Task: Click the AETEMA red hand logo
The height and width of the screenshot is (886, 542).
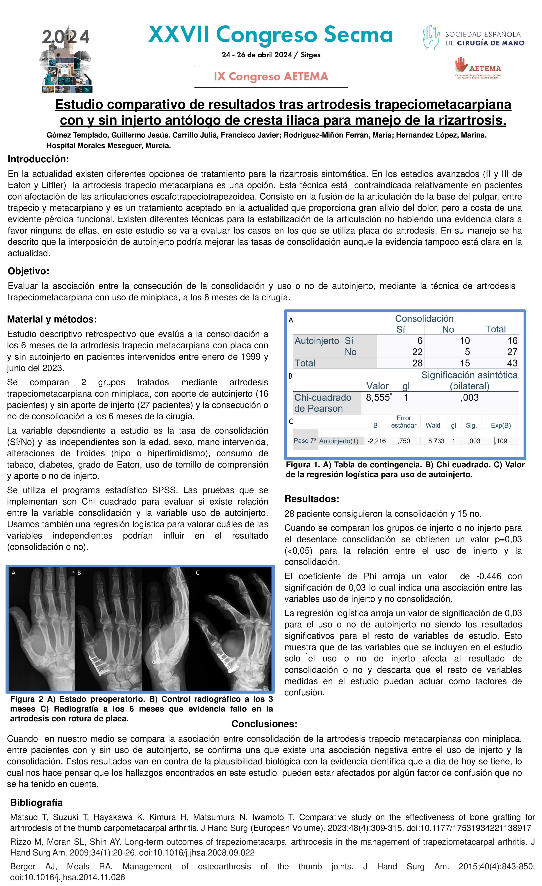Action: tap(461, 65)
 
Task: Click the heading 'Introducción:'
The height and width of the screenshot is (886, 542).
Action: tap(38, 159)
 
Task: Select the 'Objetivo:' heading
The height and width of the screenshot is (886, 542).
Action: tap(28, 271)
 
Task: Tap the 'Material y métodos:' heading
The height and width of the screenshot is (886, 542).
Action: tap(52, 319)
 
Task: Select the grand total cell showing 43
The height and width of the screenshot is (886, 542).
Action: tap(512, 363)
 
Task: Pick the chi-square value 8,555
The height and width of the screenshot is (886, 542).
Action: tap(378, 398)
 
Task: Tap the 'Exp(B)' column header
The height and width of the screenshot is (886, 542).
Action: tap(501, 425)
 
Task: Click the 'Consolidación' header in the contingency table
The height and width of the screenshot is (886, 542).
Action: tap(424, 319)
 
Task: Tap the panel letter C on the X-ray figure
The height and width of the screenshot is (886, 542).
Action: tap(197, 573)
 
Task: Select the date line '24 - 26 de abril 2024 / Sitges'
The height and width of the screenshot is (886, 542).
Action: tap(271, 55)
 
